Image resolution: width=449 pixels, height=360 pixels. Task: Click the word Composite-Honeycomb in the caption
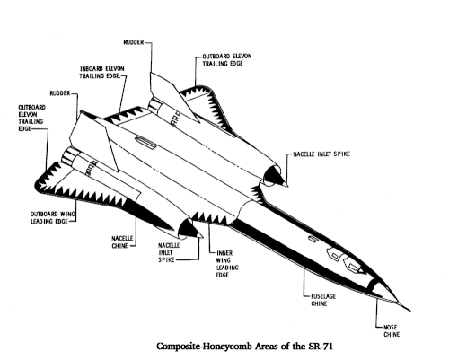pos(205,347)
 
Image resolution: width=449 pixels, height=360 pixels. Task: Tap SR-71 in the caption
pos(320,346)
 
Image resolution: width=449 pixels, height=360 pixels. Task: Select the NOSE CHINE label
pos(392,330)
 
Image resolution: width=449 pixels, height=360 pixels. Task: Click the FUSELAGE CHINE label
pos(323,300)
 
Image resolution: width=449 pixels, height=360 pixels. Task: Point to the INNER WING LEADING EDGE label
pos(227,264)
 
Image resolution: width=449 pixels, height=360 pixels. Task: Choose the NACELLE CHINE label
pos(122,241)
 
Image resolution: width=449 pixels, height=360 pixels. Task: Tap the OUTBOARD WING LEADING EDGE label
pos(53,217)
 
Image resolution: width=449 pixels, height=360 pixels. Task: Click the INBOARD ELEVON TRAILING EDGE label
pos(101,72)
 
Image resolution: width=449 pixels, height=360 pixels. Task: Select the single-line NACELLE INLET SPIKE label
pos(321,154)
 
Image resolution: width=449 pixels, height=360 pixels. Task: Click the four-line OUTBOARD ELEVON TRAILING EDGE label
pos(31,118)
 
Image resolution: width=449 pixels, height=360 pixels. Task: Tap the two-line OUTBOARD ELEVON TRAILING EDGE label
pos(227,60)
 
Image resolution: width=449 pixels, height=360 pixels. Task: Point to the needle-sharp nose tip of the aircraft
pos(409,311)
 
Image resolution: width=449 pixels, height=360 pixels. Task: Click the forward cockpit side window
pos(353,266)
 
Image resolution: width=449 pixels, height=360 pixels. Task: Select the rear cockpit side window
pos(335,255)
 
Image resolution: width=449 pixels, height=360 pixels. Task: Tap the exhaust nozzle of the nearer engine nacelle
pos(70,154)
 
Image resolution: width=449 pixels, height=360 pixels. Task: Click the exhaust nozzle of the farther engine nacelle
pos(154,103)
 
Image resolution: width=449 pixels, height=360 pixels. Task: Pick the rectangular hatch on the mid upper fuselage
pos(145,143)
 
